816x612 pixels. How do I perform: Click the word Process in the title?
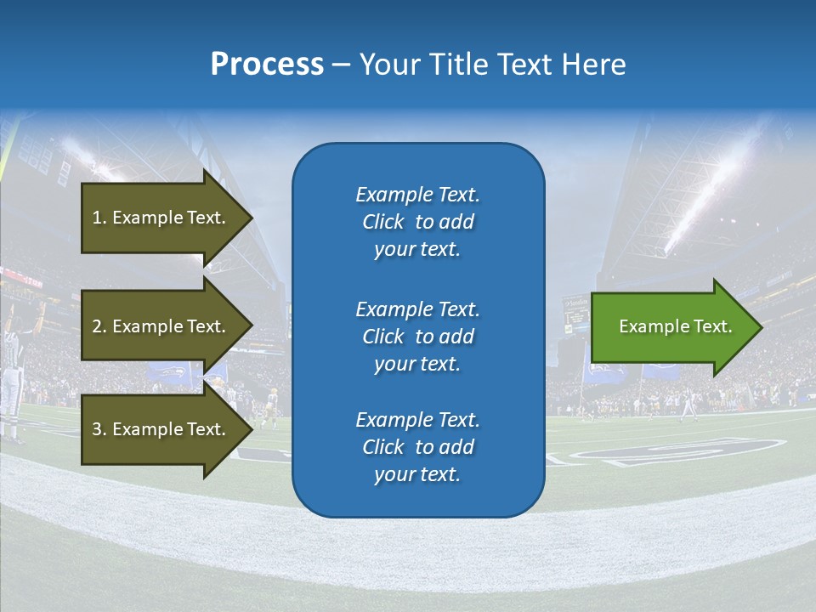(x=267, y=65)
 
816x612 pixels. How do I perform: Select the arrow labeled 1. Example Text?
(x=161, y=218)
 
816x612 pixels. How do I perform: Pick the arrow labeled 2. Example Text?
(x=161, y=326)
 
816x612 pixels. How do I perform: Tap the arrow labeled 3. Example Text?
(x=161, y=429)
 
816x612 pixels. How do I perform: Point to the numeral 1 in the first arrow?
(x=97, y=218)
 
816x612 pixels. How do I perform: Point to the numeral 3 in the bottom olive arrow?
(x=97, y=429)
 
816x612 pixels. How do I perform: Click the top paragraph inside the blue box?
(x=417, y=222)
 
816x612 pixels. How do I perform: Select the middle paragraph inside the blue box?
(x=417, y=336)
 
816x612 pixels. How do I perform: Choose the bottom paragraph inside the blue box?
(x=417, y=447)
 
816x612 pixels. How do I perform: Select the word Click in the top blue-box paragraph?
(x=383, y=222)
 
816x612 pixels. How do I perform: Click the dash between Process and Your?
(x=341, y=65)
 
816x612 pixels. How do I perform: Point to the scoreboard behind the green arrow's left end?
(x=575, y=313)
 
